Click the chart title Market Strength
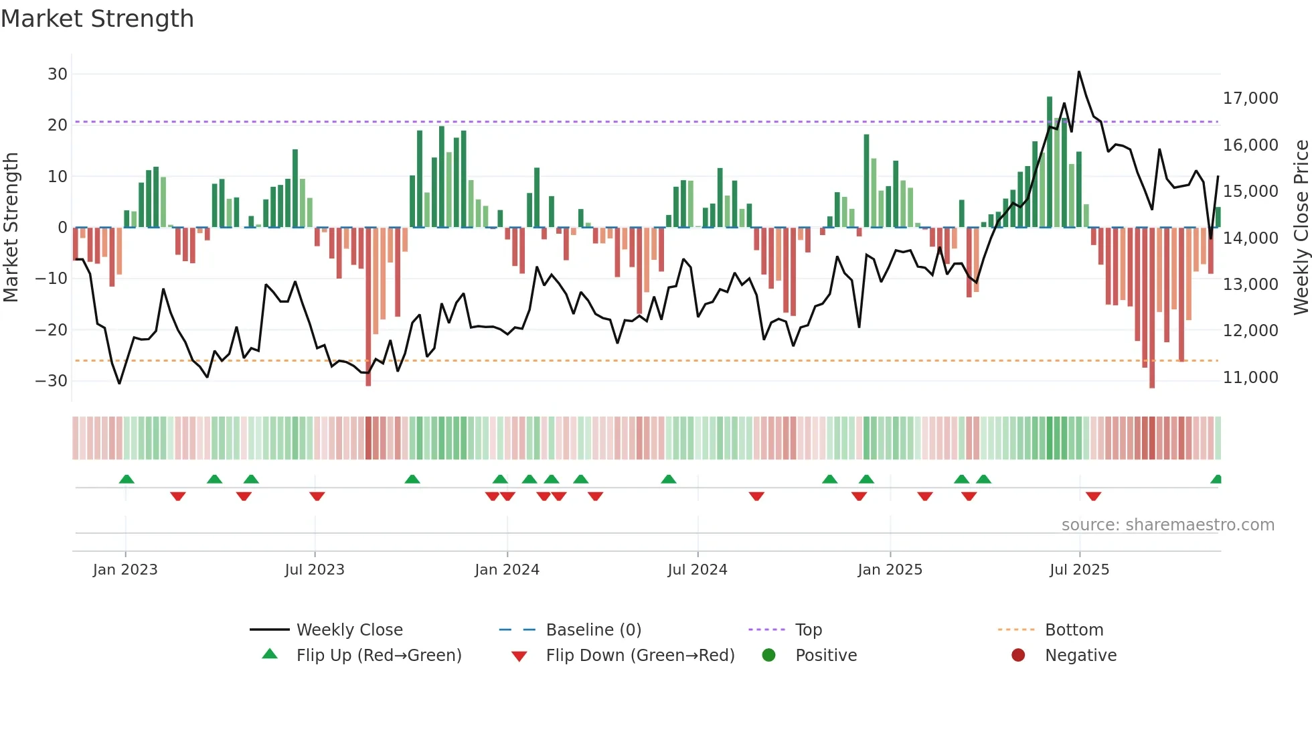97,19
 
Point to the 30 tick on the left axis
58,74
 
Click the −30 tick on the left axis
52,381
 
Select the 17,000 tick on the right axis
1250,98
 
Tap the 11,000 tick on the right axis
1250,378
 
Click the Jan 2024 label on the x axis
507,570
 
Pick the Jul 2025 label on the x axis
1079,570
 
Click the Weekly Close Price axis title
1301,228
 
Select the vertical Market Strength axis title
11,228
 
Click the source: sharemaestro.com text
1167,525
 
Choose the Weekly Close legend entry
349,630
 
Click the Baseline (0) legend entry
593,630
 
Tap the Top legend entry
808,630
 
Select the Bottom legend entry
1074,630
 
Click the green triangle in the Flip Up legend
270,654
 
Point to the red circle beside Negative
1018,655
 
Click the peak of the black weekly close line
1079,72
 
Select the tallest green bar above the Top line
1050,99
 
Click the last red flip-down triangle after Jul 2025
1094,496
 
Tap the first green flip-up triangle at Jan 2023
127,479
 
